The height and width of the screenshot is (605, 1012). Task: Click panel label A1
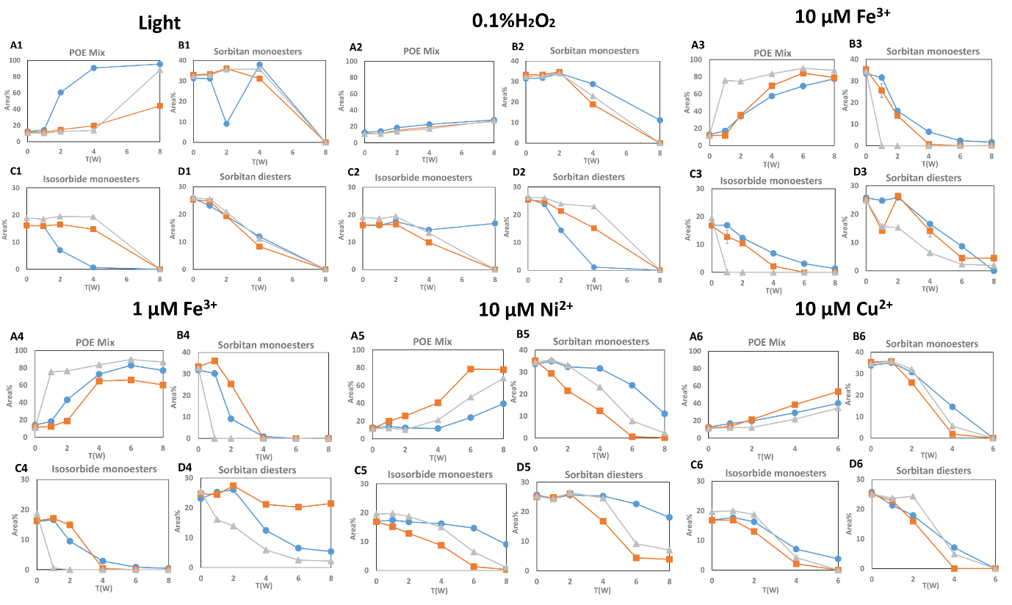[x=16, y=46]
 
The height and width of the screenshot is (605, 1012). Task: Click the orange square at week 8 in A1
[x=160, y=106]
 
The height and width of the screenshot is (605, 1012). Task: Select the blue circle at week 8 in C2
[x=494, y=223]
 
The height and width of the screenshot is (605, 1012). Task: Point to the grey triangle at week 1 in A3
[x=726, y=80]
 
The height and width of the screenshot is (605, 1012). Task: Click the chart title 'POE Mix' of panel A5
[x=432, y=341]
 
